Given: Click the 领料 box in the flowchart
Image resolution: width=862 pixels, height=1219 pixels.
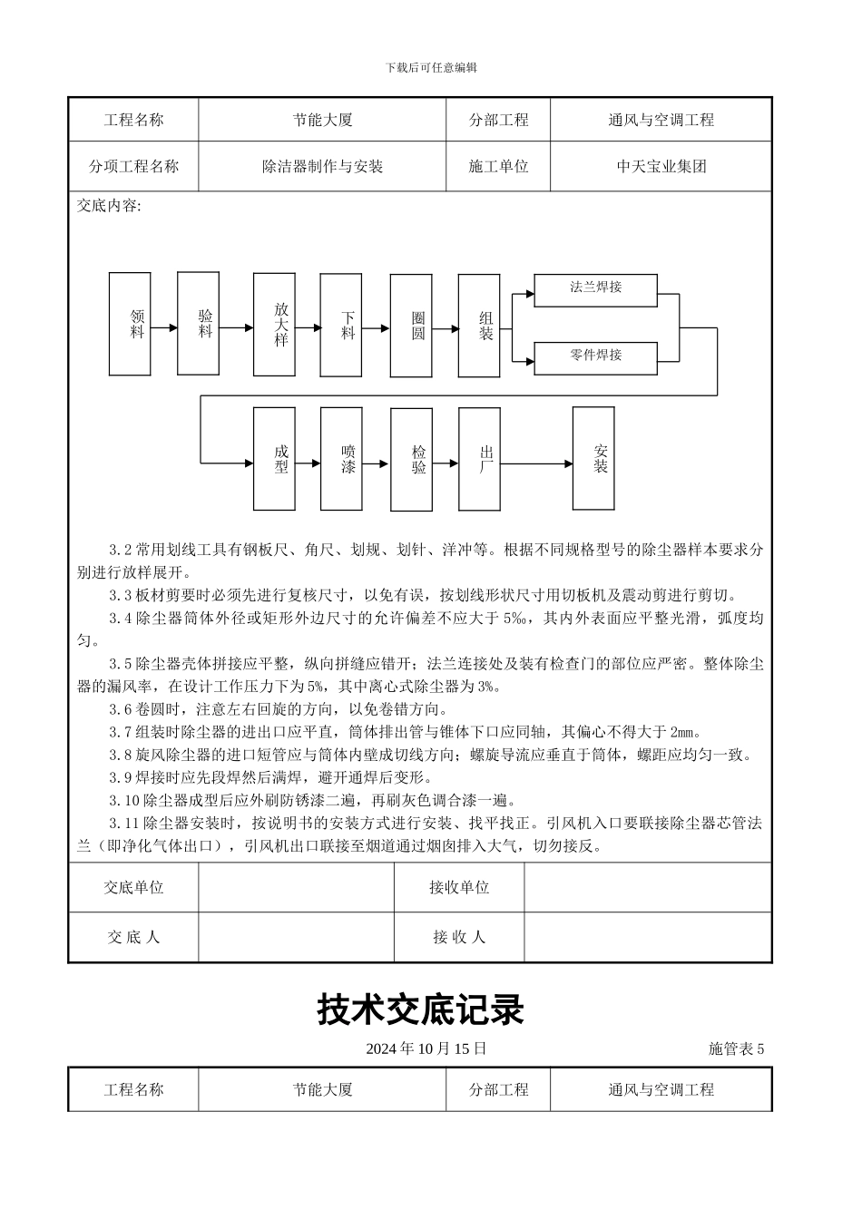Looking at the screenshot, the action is [x=130, y=324].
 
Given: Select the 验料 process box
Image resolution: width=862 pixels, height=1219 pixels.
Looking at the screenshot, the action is [x=198, y=323].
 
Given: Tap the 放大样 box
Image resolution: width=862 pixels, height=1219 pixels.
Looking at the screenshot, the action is [x=274, y=324].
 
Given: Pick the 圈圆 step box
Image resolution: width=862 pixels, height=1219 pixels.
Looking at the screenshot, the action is [x=411, y=325].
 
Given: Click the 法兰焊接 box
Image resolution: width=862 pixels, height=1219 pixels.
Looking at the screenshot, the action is [x=595, y=288].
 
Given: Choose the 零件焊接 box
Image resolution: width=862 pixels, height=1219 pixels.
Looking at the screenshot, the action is [x=595, y=356].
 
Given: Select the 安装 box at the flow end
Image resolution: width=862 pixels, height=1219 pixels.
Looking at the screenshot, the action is [x=593, y=458].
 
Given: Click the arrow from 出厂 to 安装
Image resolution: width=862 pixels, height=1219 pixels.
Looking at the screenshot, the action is [x=536, y=464].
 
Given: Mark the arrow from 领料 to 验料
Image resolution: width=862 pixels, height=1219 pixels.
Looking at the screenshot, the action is [x=163, y=327].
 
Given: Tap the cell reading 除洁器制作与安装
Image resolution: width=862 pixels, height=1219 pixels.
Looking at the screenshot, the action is [x=322, y=167].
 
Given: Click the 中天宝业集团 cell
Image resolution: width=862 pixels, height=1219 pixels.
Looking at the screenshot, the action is [x=661, y=167].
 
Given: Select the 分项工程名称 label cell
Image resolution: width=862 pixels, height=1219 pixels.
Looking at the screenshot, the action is [x=133, y=167].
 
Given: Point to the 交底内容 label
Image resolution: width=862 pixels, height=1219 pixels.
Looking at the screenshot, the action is [x=110, y=206].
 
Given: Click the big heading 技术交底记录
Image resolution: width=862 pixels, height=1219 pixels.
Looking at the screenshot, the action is [x=421, y=1009].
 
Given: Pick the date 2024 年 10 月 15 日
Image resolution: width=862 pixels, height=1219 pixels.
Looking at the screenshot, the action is [x=426, y=1048].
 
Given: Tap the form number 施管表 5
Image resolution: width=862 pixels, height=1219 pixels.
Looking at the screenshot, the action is [x=736, y=1049].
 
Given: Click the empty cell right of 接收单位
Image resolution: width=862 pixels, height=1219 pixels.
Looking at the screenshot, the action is [x=648, y=888].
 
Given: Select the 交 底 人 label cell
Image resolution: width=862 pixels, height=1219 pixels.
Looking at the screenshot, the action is [x=133, y=937].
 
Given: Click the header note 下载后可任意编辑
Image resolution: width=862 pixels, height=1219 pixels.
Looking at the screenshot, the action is [x=431, y=67].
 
